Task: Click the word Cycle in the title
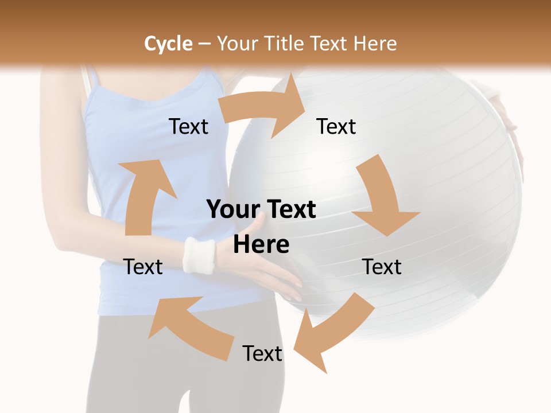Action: point(168,44)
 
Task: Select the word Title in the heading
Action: point(285,44)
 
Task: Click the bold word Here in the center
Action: point(261,244)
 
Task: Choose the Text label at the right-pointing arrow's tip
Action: point(336,126)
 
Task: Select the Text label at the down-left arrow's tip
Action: point(262,353)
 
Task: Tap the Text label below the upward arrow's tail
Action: point(143,267)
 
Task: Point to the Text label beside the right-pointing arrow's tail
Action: point(189,126)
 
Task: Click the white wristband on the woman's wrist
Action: point(199,255)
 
